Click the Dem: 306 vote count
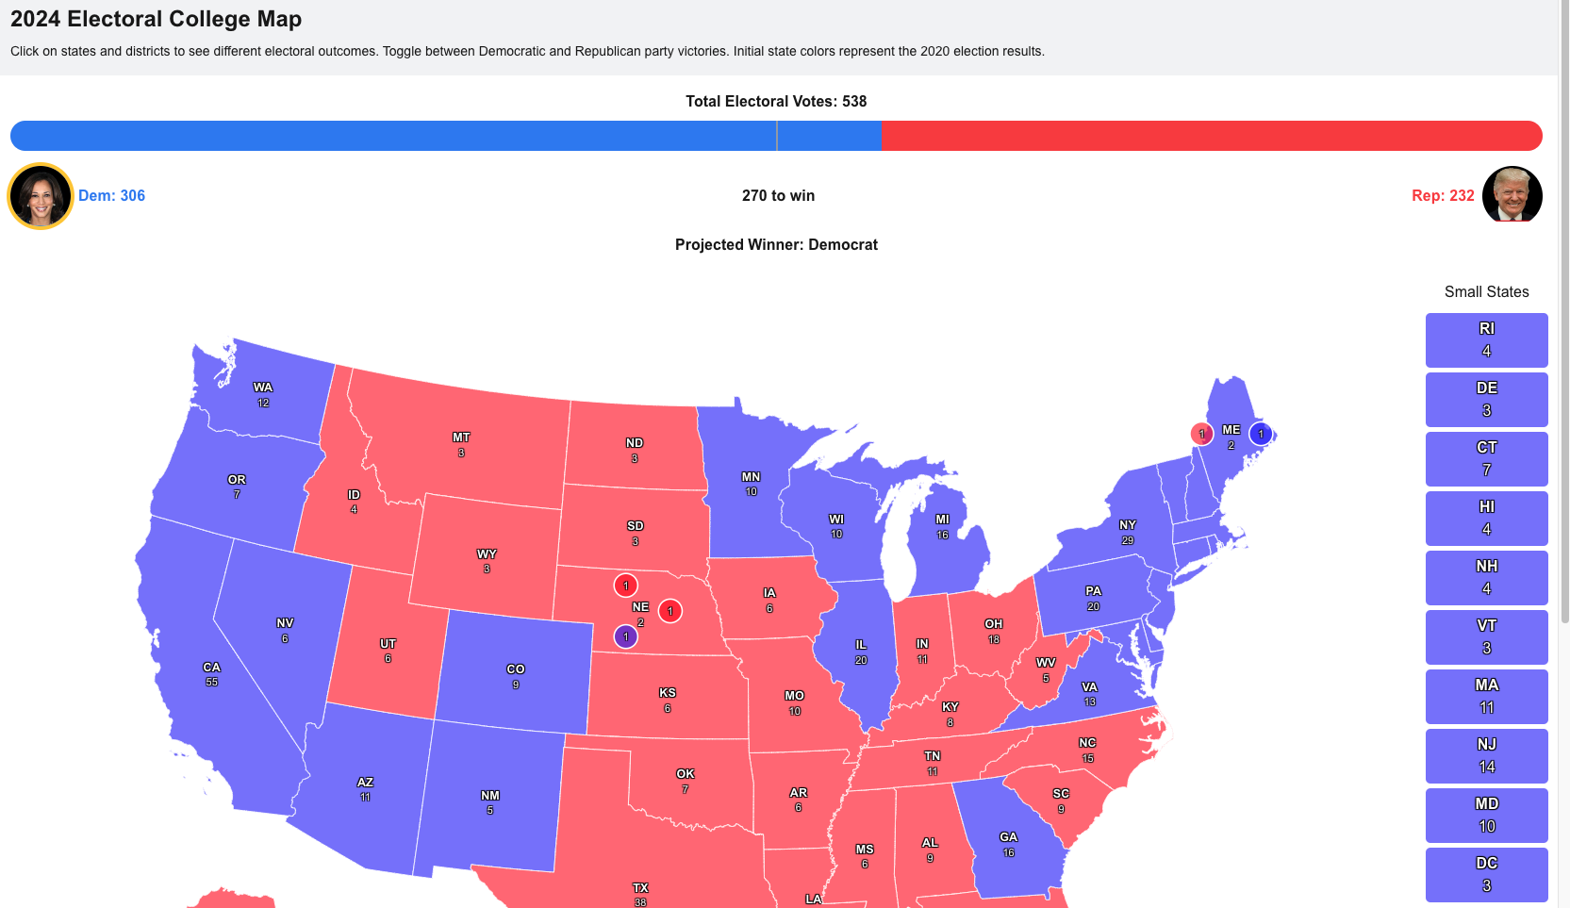111,195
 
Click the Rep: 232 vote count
1443,195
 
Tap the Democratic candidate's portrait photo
41,196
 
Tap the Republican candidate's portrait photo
1512,195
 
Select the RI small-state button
1486,339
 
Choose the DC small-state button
1486,874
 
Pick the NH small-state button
1486,577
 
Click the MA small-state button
1486,696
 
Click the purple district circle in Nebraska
625,636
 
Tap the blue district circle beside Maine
1261,434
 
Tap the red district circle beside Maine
1201,434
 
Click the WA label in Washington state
263,388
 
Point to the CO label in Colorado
516,669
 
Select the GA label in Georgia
1009,837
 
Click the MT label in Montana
461,437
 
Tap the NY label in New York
1128,525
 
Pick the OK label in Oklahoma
686,774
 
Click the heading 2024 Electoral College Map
157,19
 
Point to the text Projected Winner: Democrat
776,244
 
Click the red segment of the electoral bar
1212,136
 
